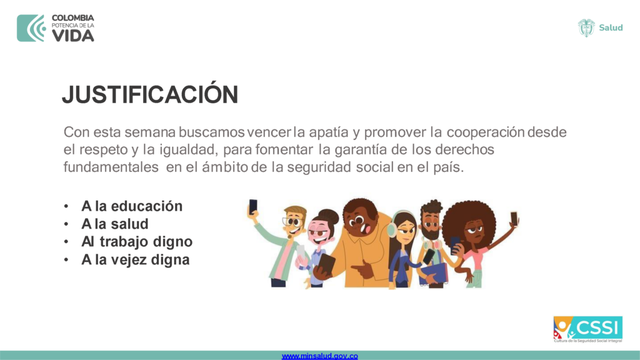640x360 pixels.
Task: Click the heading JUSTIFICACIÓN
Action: [x=150, y=94]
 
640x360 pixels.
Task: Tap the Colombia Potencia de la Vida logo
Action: [x=56, y=28]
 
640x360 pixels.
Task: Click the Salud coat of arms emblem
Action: [x=586, y=27]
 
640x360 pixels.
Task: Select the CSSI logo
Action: [x=587, y=329]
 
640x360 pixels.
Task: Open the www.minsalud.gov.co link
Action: [x=319, y=356]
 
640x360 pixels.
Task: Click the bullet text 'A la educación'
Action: [x=132, y=206]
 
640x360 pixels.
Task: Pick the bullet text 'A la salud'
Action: [x=115, y=224]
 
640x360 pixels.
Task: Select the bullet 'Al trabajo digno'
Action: [x=137, y=242]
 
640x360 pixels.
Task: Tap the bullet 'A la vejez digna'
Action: [x=135, y=259]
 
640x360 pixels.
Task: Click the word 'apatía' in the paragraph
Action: [x=329, y=132]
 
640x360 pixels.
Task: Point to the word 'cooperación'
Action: [x=485, y=132]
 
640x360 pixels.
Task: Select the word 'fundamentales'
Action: [x=111, y=167]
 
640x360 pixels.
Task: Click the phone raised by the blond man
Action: [x=253, y=206]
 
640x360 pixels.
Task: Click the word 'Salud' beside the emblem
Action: [x=611, y=27]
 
